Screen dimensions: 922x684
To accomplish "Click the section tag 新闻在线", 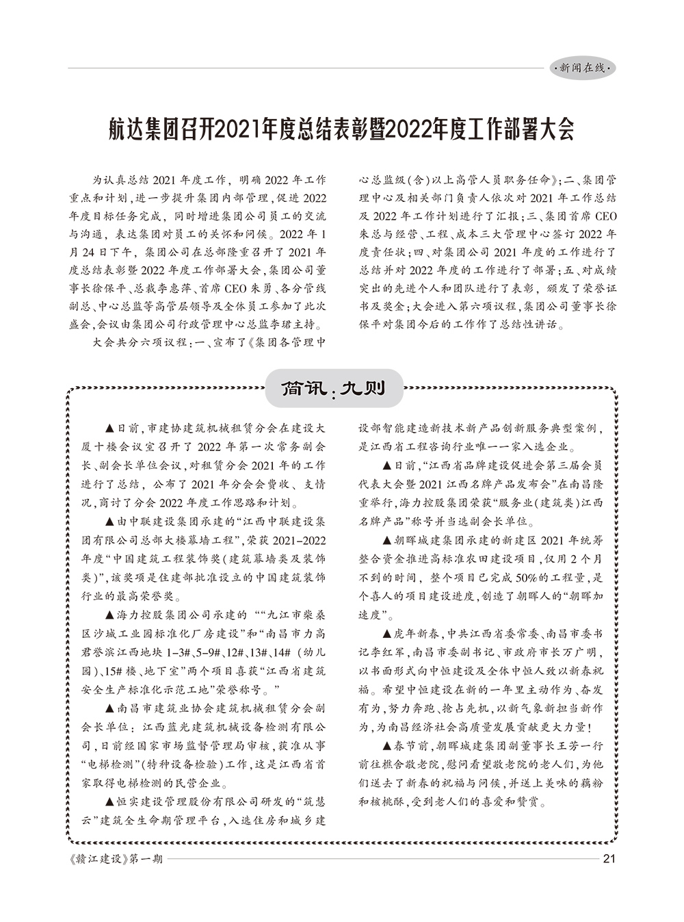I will tap(582, 68).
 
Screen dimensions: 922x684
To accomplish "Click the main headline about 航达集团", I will tap(341, 129).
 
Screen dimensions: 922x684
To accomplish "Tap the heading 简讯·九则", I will tap(334, 389).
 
